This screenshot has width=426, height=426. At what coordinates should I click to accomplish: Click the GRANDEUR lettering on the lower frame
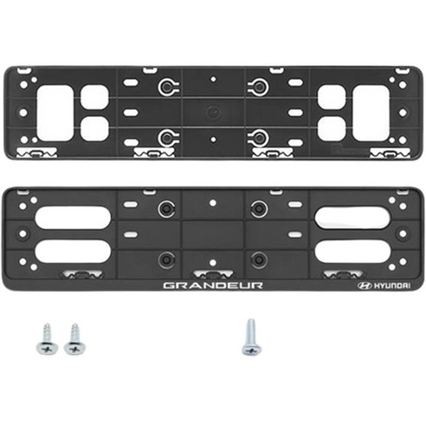click(212, 285)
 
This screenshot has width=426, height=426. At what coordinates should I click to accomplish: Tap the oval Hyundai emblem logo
click(363, 285)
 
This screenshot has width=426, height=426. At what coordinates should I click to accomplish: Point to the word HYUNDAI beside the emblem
click(391, 285)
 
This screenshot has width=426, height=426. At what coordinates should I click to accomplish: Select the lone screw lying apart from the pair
click(250, 336)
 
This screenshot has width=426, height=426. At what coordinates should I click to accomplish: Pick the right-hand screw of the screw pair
click(74, 339)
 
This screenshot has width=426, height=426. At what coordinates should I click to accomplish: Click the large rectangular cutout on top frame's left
click(55, 112)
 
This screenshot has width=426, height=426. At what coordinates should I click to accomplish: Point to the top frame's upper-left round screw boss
click(167, 87)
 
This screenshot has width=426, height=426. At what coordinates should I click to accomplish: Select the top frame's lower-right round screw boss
click(257, 136)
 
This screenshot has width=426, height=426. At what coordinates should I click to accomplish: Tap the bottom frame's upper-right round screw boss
click(257, 209)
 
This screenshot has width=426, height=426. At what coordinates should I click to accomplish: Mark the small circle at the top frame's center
click(212, 112)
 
